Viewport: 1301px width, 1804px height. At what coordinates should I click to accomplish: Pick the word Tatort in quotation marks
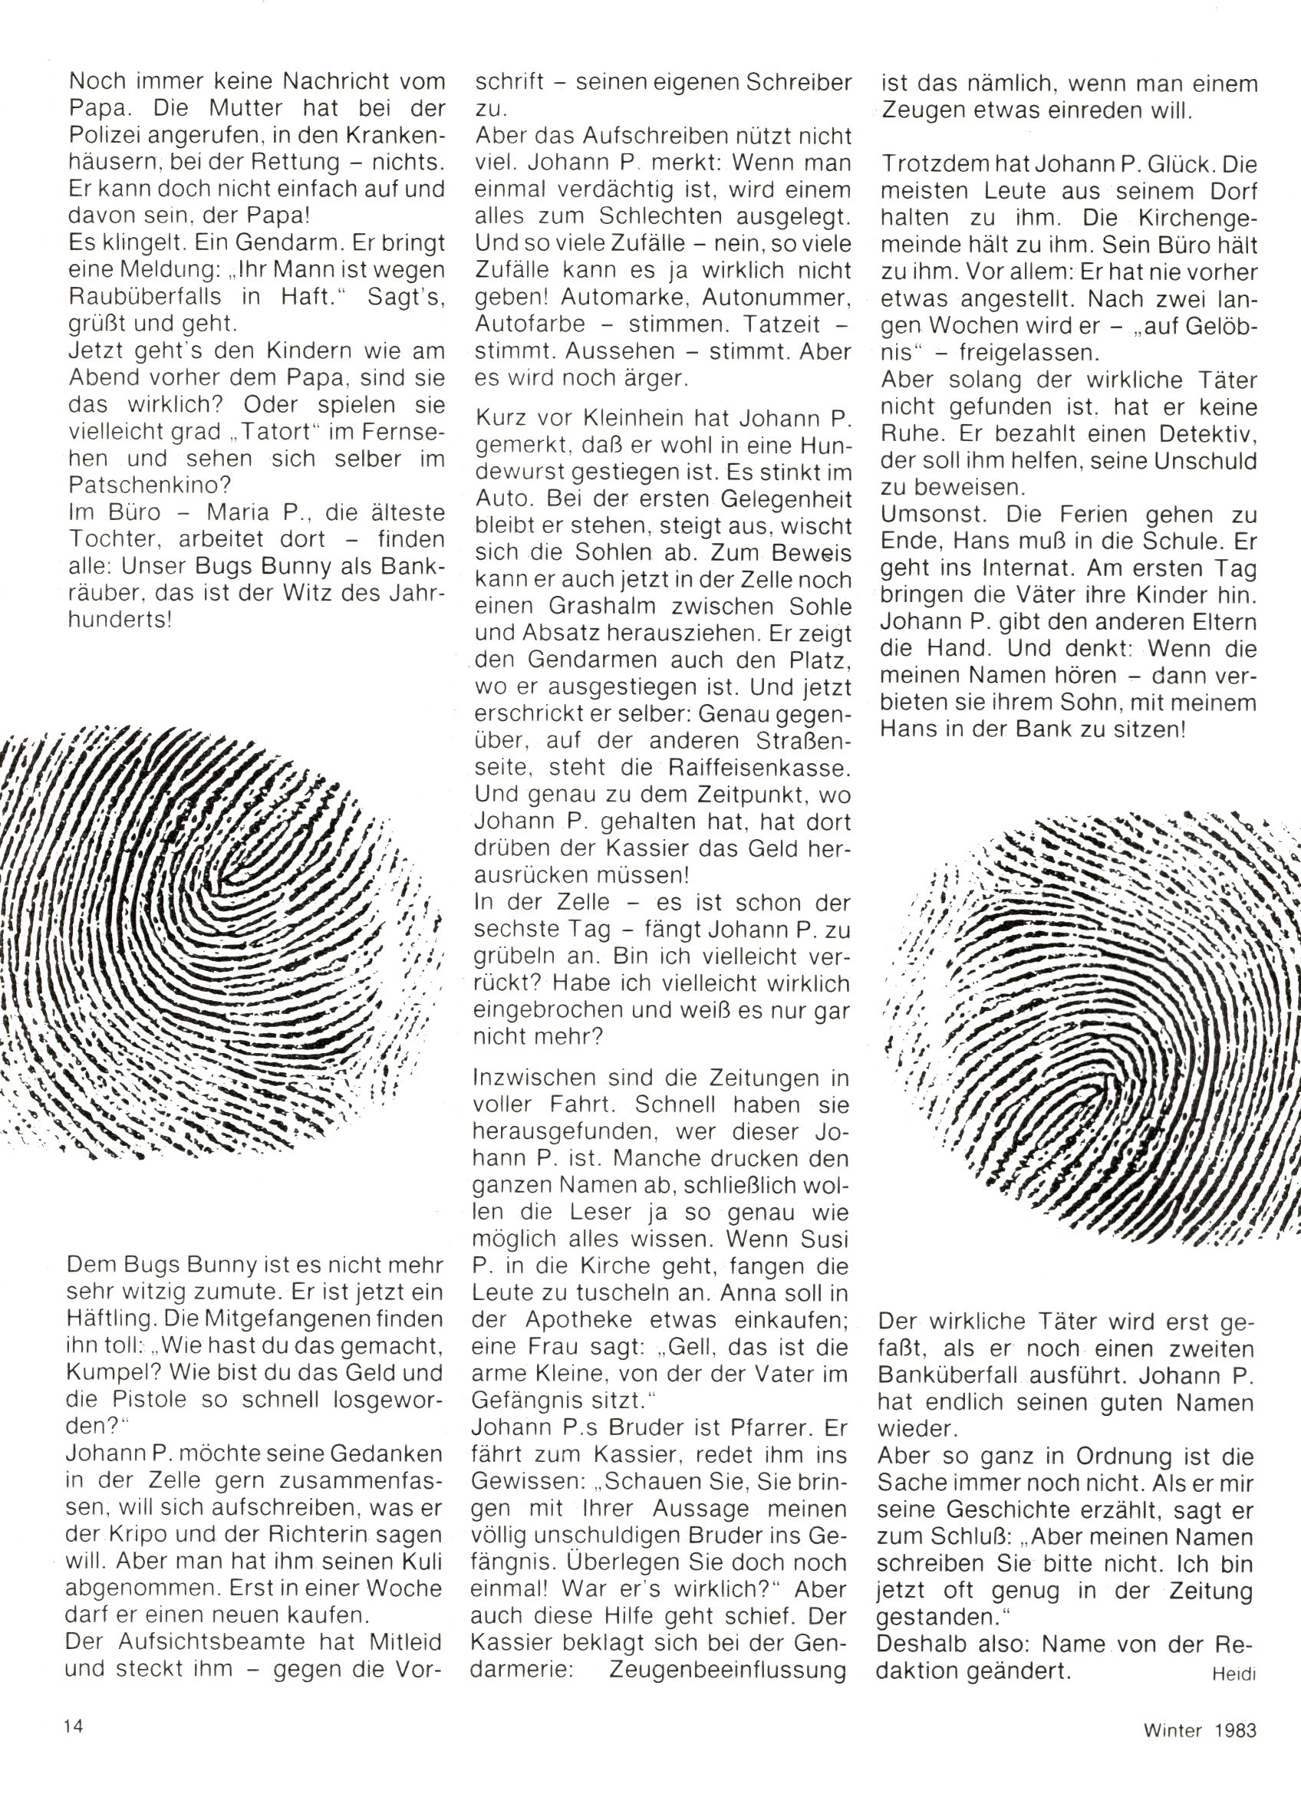click(251, 432)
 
